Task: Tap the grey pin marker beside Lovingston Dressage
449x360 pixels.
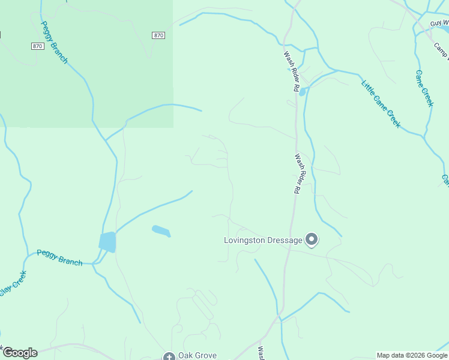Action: click(312, 240)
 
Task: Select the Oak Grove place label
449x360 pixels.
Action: click(197, 355)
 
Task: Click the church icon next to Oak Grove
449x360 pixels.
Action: click(169, 356)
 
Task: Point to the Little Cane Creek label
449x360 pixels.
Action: click(381, 103)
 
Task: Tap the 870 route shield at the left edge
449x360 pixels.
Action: click(37, 46)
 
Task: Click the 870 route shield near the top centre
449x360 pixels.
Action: click(158, 35)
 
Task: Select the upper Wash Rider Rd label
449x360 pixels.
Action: click(292, 71)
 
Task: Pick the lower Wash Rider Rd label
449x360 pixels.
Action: click(297, 173)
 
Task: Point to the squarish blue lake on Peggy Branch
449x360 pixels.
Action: click(107, 242)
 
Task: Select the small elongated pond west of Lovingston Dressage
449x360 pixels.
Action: click(161, 230)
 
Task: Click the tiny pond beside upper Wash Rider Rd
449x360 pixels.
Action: click(302, 92)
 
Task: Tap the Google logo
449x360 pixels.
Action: click(20, 353)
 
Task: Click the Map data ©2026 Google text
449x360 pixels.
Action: click(412, 355)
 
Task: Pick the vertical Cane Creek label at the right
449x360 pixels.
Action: click(424, 88)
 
